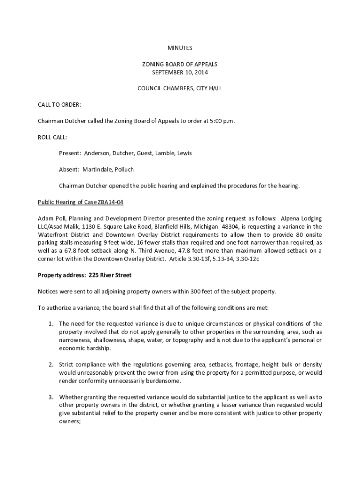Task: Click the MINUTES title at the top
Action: pyautogui.click(x=180, y=48)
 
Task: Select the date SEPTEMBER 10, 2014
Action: pyautogui.click(x=180, y=73)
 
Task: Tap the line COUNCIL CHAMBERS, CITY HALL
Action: pyautogui.click(x=180, y=88)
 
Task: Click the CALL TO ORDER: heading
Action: pyautogui.click(x=59, y=104)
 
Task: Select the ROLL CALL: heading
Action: pyautogui.click(x=52, y=137)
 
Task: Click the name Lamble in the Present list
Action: pyautogui.click(x=165, y=153)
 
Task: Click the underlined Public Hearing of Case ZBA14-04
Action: pyautogui.click(x=80, y=202)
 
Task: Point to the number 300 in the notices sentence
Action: pyautogui.click(x=196, y=291)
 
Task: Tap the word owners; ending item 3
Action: pyautogui.click(x=70, y=421)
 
